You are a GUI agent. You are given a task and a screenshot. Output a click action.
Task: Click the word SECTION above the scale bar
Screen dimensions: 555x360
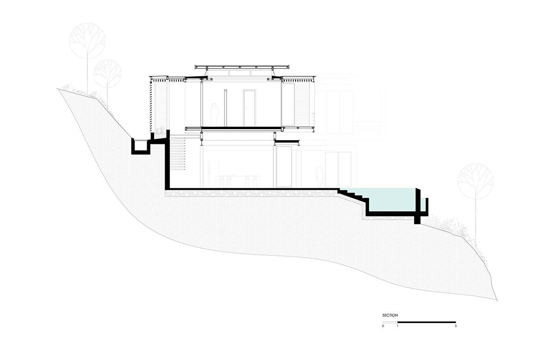[x=390, y=316]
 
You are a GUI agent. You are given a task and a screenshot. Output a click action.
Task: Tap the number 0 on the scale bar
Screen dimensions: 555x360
[x=383, y=326]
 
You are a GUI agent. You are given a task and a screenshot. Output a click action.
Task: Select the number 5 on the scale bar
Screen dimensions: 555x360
[x=456, y=326]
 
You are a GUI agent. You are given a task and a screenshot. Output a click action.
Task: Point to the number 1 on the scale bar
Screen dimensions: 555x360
[x=397, y=326]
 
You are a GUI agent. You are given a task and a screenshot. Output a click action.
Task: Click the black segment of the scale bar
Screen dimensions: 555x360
[x=426, y=323]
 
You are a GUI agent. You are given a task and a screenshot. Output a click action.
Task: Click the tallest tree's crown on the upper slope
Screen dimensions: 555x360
[x=87, y=41]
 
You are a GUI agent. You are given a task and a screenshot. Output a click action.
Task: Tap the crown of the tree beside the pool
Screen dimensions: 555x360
[x=475, y=181]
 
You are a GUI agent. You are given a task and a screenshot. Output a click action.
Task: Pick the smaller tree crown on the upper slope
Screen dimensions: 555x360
[x=107, y=74]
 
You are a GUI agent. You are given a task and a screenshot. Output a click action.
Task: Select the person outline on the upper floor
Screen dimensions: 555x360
[x=215, y=115]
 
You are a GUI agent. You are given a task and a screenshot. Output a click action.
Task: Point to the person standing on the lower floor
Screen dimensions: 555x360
[x=320, y=176]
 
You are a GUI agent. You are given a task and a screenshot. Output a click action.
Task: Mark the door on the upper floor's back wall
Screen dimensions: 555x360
[x=249, y=108]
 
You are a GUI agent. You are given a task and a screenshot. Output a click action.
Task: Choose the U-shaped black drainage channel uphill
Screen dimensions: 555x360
[x=141, y=146]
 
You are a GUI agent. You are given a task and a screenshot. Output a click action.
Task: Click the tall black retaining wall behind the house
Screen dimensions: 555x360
[x=167, y=160]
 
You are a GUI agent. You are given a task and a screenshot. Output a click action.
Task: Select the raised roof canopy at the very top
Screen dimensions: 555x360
[x=242, y=67]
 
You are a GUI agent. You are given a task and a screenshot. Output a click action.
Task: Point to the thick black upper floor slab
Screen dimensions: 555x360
[x=242, y=128]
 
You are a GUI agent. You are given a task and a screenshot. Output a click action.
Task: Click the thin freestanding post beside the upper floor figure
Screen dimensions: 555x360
[x=226, y=108]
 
